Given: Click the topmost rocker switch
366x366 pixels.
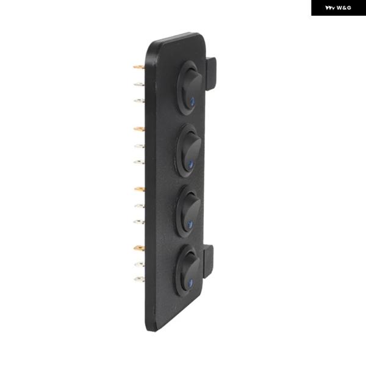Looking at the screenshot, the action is tap(189, 88).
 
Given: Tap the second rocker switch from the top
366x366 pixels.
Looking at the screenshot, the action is tap(188, 151).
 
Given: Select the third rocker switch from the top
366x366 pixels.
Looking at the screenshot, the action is tap(188, 212).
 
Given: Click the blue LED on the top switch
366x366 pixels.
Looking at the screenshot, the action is tap(193, 102).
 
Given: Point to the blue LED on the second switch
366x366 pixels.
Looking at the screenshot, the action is tap(191, 165).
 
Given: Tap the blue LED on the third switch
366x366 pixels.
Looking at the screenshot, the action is tap(190, 224).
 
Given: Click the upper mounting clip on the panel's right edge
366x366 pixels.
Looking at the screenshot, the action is tap(211, 74).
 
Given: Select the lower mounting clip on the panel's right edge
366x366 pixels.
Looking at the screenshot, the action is tap(209, 262).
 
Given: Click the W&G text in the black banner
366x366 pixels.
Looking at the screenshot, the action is tap(344, 8).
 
